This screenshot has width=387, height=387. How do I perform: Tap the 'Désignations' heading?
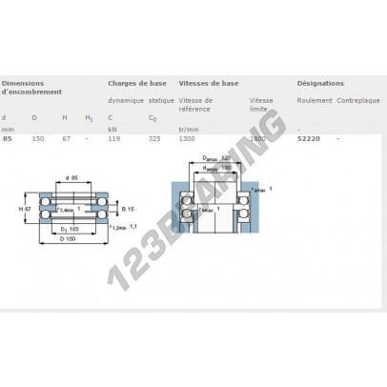319,83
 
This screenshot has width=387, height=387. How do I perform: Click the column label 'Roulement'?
315,99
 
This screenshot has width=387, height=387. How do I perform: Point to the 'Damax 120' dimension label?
217,158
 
